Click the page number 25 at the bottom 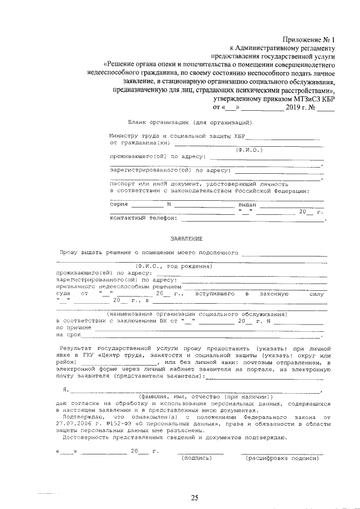[195, 498]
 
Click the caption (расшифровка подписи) [282, 458]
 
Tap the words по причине [72, 327]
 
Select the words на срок [68, 335]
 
